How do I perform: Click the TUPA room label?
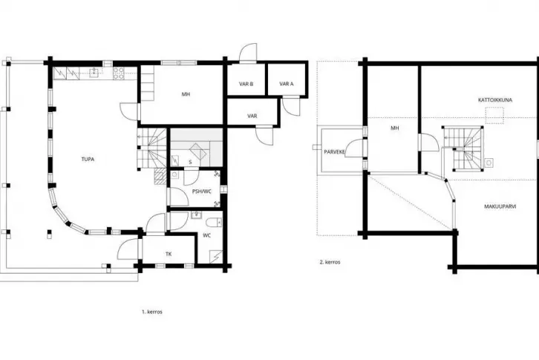88,159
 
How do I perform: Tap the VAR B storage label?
246,84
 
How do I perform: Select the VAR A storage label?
287,84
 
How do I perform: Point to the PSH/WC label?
202,192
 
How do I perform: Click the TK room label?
169,254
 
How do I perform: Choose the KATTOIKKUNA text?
495,100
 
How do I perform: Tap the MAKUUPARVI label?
500,206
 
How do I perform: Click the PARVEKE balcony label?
335,151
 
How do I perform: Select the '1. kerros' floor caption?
152,312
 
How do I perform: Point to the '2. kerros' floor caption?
330,262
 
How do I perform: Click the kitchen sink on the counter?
94,73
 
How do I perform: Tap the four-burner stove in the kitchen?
119,73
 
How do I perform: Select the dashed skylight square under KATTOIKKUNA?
494,116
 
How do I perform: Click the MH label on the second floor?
395,128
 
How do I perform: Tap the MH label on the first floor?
186,94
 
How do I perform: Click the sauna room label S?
190,162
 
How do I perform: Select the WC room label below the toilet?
206,235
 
